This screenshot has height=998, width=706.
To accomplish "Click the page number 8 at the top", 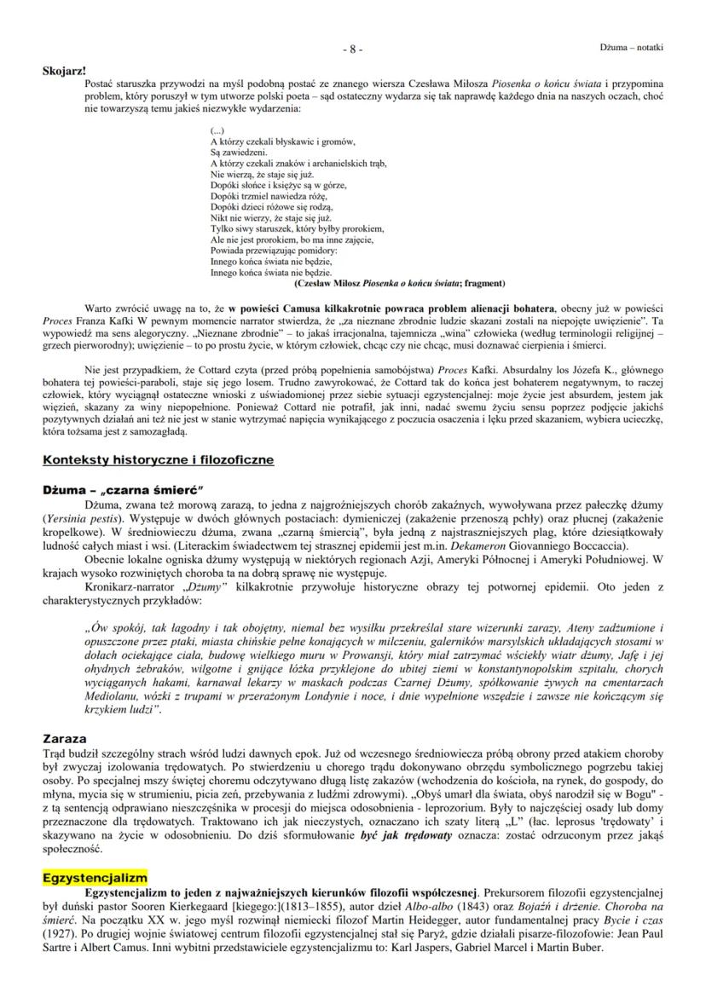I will pos(353,49).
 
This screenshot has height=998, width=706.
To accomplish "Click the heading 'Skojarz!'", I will pos(65,70).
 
